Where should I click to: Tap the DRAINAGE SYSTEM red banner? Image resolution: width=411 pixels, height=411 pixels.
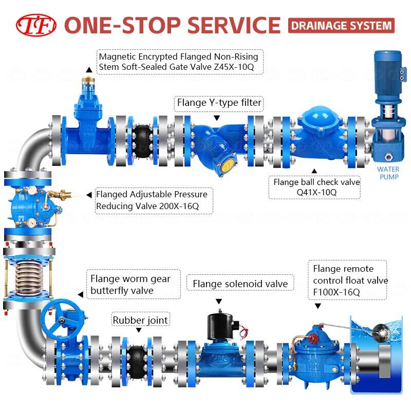click(341, 25)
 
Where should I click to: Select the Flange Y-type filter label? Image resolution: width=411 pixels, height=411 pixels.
click(219, 103)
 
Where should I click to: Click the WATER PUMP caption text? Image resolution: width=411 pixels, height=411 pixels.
click(388, 173)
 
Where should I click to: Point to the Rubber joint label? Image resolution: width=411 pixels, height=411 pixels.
click(140, 321)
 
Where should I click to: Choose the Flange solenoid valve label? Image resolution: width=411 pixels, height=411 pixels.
click(239, 284)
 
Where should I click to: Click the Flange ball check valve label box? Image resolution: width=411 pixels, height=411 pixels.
click(316, 187)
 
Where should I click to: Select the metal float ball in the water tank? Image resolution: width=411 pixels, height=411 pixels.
click(380, 329)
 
